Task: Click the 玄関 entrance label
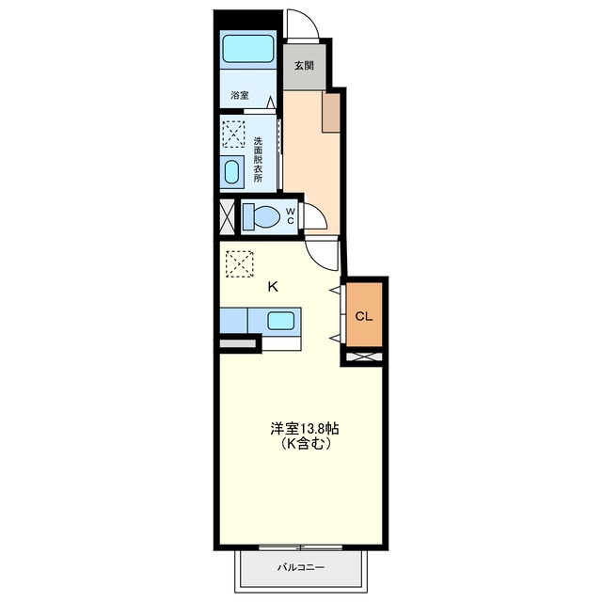304,66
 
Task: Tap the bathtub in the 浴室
248,48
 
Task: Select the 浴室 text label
240,95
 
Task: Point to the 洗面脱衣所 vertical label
258,159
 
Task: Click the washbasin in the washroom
231,172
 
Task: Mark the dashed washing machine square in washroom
234,134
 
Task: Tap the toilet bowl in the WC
261,217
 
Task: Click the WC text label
291,215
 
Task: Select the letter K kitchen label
273,286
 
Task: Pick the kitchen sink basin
280,321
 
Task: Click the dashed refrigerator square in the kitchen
240,263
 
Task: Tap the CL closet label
364,316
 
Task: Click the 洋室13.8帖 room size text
305,429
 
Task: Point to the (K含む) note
305,444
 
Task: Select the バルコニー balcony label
301,567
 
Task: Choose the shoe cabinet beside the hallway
331,112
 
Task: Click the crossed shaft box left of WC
227,217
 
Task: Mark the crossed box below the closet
364,356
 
